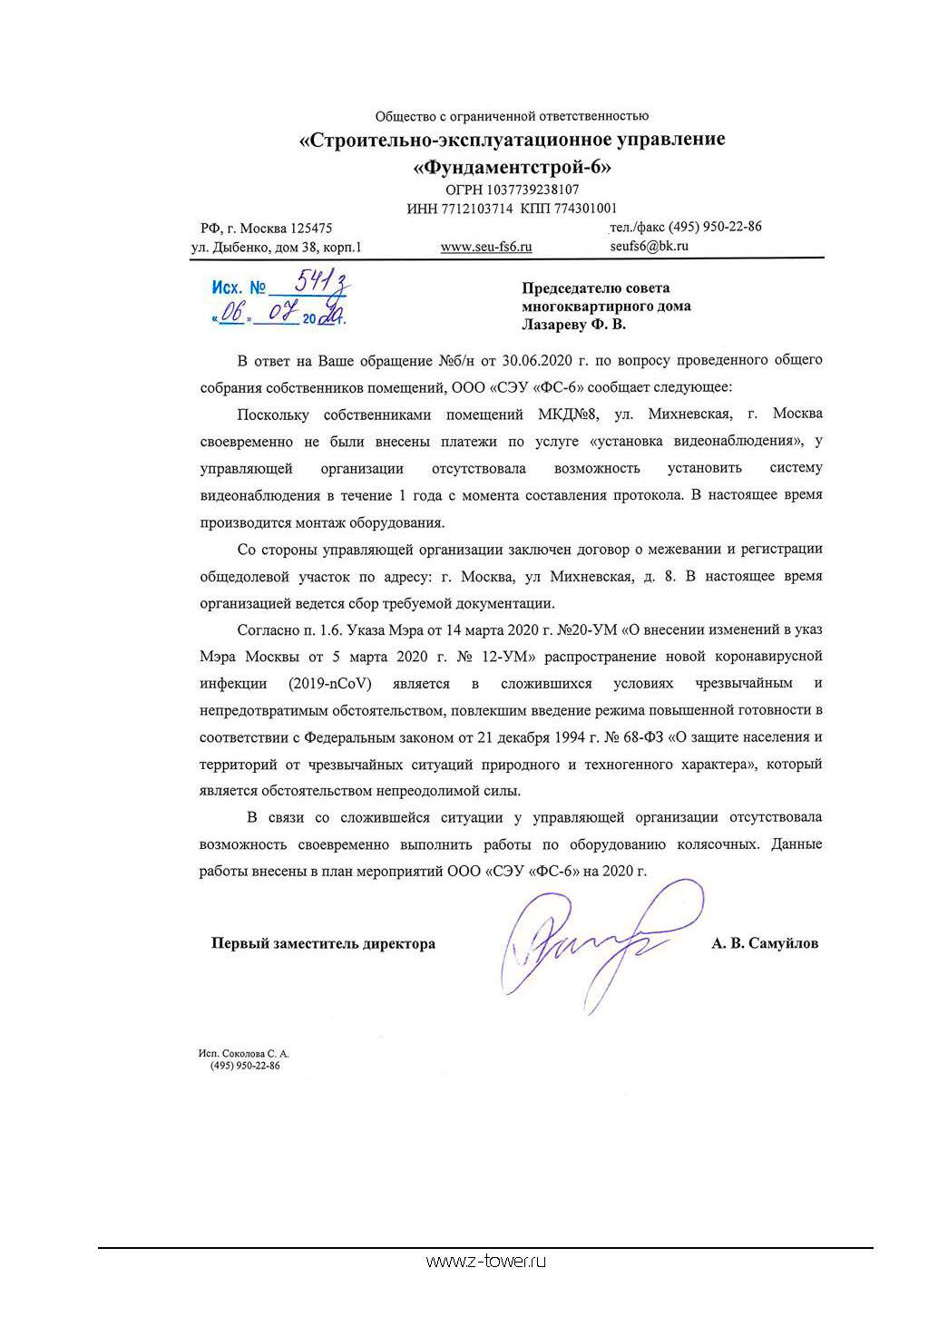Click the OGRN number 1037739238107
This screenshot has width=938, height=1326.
[533, 190]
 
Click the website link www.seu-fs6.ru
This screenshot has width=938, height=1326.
[486, 247]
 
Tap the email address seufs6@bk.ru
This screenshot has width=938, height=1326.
[650, 246]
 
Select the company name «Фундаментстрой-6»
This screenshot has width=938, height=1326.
[512, 167]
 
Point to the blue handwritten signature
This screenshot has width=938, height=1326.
[590, 943]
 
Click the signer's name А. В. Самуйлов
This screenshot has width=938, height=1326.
[765, 943]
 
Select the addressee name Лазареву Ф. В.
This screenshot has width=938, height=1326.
[573, 324]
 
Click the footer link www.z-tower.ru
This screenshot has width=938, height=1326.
[485, 1261]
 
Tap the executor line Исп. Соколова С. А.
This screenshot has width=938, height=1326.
[243, 1054]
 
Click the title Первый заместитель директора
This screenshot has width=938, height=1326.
[323, 943]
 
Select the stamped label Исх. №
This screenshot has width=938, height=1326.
[239, 288]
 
